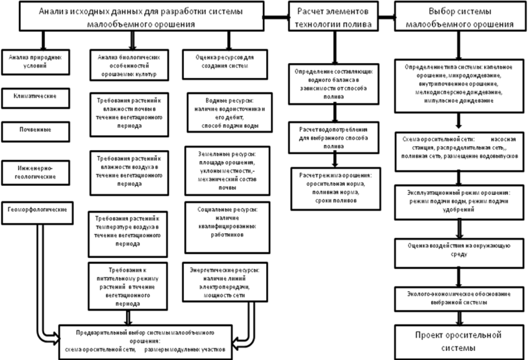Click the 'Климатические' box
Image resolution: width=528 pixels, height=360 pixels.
click(x=36, y=96)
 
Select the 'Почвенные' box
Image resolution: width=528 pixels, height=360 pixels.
click(x=36, y=129)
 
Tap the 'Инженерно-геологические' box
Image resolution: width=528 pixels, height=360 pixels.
click(x=36, y=171)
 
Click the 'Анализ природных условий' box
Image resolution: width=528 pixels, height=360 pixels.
click(x=36, y=62)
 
